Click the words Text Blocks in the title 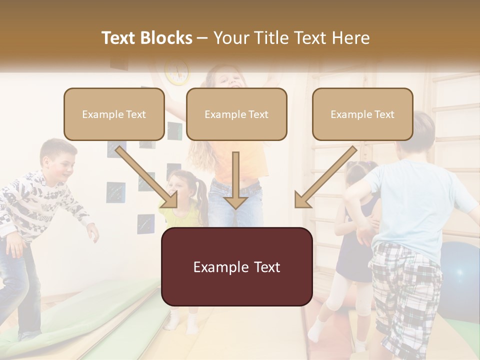146,38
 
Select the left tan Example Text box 114,114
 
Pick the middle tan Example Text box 236,114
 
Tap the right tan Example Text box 362,114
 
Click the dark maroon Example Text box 236,266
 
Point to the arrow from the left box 148,177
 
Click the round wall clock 177,71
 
